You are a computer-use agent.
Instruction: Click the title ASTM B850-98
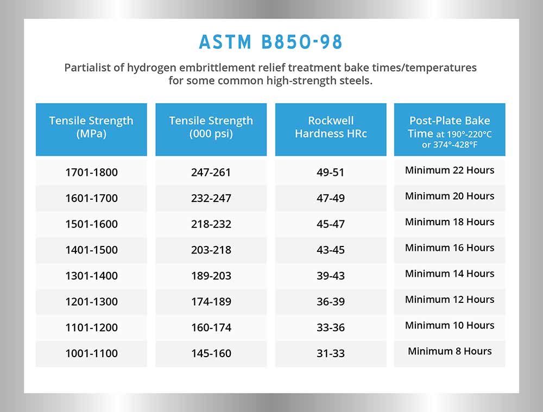tap(270, 42)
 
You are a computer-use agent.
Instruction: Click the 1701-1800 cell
tap(91, 172)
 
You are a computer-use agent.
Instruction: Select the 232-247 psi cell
tap(211, 198)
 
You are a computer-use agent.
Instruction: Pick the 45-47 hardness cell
tap(330, 224)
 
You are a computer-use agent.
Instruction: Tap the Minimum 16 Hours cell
tap(450, 248)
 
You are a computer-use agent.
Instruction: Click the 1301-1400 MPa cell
tap(91, 276)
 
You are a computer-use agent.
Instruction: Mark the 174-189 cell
tap(211, 302)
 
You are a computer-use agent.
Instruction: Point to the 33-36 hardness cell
tap(330, 327)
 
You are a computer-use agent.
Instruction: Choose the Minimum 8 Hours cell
tap(450, 351)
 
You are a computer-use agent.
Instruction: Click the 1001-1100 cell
tap(91, 353)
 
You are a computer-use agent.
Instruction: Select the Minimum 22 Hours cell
tap(450, 170)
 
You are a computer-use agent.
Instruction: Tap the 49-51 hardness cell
tap(330, 172)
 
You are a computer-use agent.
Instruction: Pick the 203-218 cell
tap(211, 250)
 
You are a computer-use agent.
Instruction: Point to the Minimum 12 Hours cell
tap(450, 299)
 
